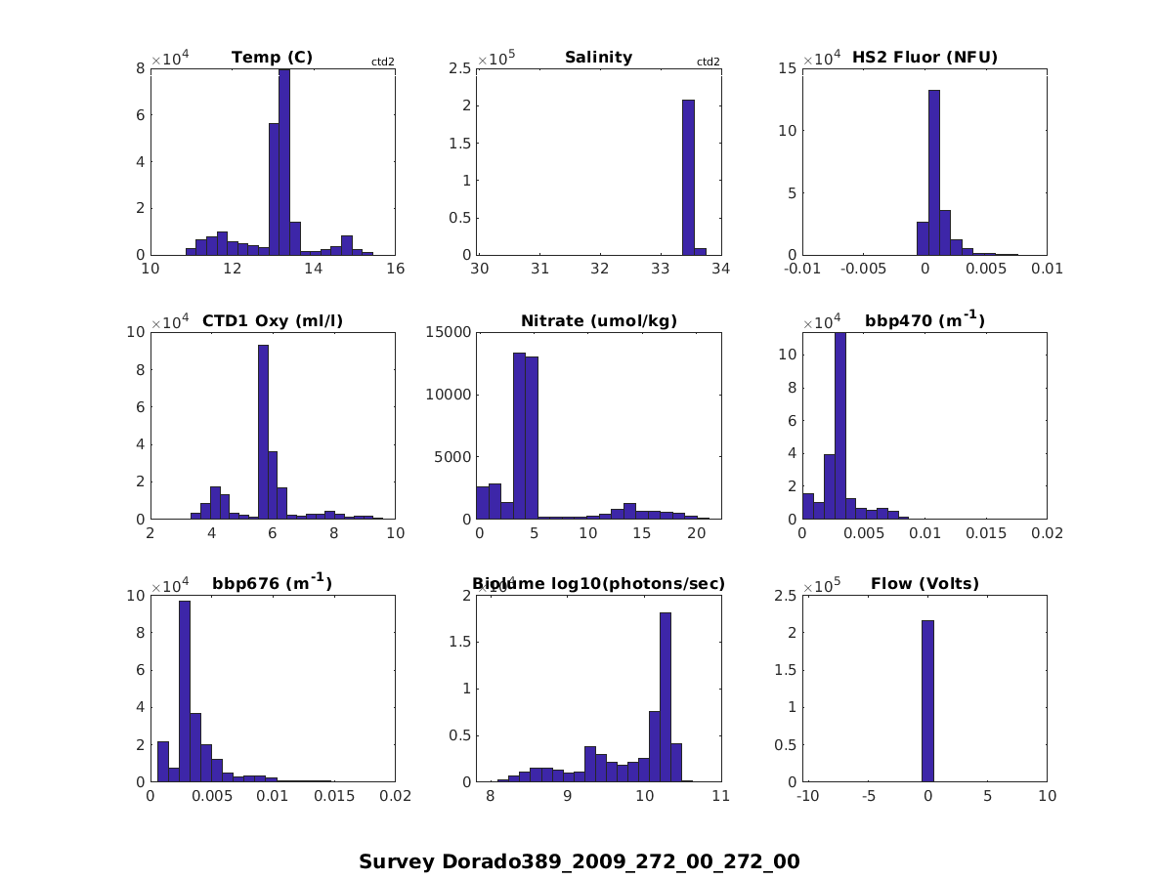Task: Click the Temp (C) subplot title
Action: [272, 58]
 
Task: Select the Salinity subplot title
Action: [598, 58]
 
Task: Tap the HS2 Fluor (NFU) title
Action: [924, 58]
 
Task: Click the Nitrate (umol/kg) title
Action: [598, 320]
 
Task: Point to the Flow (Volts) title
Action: [924, 584]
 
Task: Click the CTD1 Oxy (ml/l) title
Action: [272, 320]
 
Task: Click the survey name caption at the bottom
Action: [579, 861]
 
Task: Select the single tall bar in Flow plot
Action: [927, 700]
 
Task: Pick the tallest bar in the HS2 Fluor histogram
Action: [934, 172]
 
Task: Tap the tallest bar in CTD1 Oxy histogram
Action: [263, 432]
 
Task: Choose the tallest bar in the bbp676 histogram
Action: [184, 691]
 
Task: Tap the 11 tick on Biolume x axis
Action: [720, 796]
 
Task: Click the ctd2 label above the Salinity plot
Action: [708, 62]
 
